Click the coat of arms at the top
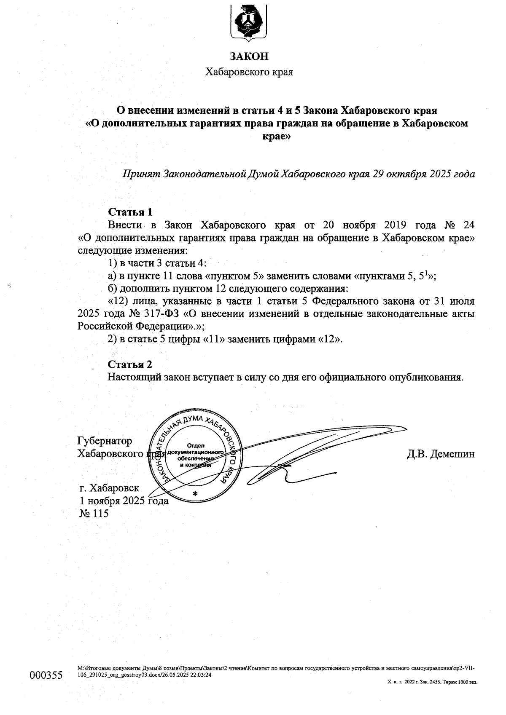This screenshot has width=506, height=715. (249, 22)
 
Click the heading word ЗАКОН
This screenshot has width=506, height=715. (249, 56)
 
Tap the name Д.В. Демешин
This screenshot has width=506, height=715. (441, 454)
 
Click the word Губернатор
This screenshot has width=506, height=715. (105, 441)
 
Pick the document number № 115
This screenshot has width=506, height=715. (94, 513)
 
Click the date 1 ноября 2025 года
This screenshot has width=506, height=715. (124, 501)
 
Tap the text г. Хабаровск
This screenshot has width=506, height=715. (109, 488)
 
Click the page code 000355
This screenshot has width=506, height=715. (46, 675)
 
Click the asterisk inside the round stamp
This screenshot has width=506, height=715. (194, 493)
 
